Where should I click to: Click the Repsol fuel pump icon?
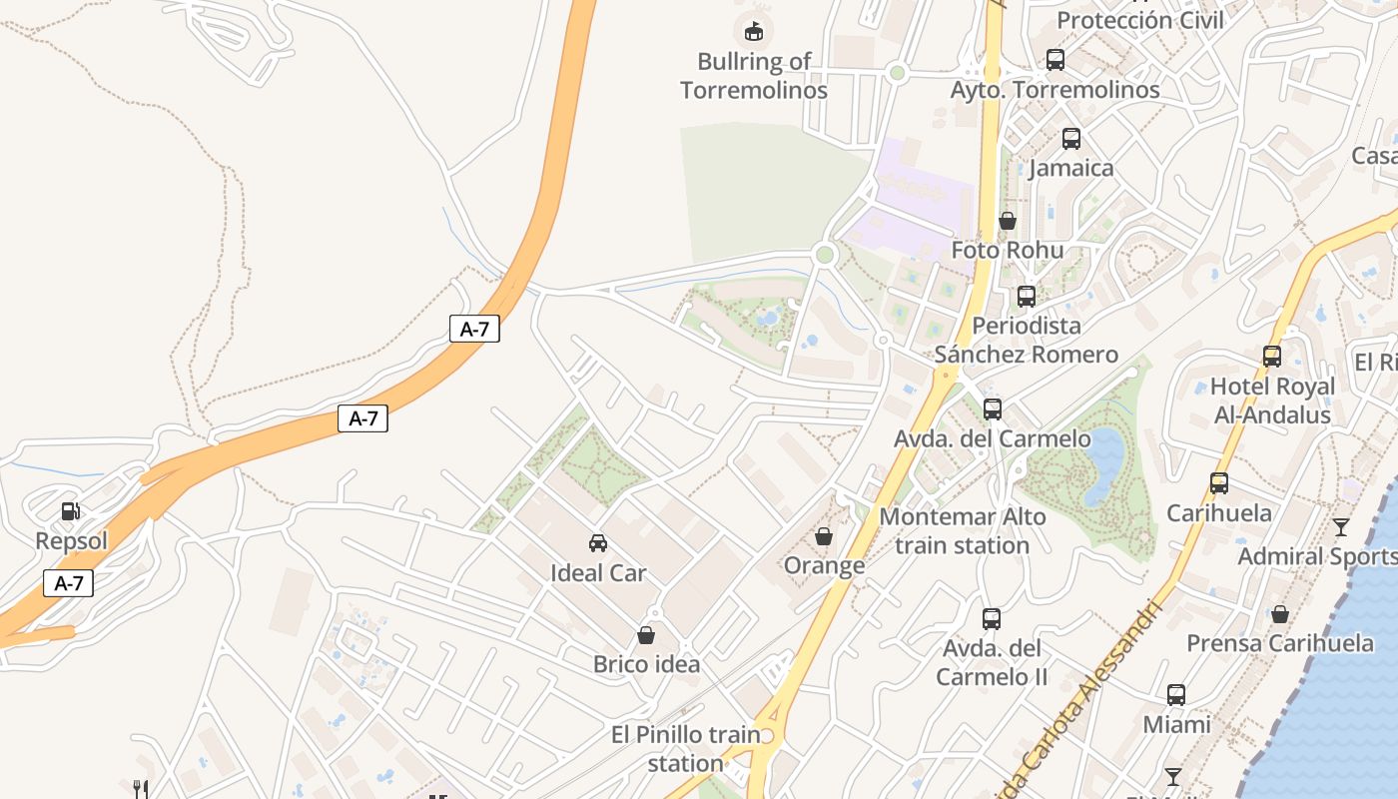point(70,511)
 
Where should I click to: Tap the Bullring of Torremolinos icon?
point(754,31)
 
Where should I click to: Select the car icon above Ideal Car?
point(598,543)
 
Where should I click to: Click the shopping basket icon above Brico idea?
point(646,635)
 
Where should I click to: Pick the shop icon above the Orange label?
point(824,537)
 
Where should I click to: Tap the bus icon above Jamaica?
point(1071,139)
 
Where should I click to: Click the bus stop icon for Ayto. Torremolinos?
point(1055,60)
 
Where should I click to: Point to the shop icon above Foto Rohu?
point(1008,221)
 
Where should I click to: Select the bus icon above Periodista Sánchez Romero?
point(1027,297)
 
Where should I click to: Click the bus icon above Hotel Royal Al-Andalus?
point(1272,357)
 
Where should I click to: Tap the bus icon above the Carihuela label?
point(1219,483)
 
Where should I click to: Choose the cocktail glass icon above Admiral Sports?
point(1341,526)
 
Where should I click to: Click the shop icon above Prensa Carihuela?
point(1280,613)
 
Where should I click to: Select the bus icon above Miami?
point(1176,695)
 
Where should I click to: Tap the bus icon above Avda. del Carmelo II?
point(992,619)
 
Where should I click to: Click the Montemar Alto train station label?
point(963,531)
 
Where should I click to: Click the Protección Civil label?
point(1140,20)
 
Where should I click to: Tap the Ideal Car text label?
point(598,573)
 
